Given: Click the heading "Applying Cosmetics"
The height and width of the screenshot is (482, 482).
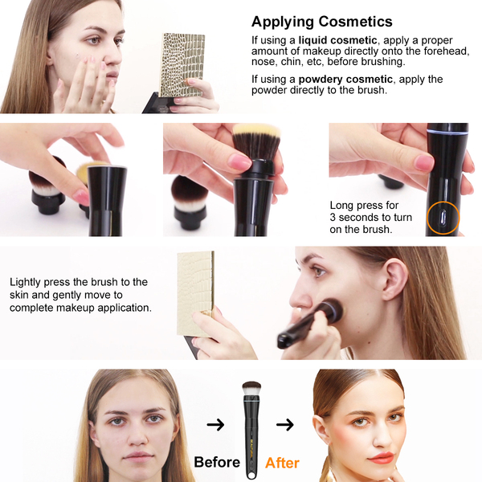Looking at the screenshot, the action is click(322, 22).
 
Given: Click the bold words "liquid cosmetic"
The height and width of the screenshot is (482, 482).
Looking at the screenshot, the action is click(337, 40).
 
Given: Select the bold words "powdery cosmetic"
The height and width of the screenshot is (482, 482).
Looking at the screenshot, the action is click(345, 80).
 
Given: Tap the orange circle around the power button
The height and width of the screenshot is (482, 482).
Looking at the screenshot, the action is click(443, 218).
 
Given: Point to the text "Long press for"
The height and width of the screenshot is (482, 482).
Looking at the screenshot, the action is click(364, 205).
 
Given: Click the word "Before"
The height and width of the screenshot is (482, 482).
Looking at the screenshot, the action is click(217, 462).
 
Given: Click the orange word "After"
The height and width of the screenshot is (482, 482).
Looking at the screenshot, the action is click(282, 463).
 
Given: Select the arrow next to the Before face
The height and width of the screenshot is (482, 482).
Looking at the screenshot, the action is click(215, 424).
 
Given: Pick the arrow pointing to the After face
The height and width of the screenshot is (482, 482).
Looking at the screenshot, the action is click(285, 424).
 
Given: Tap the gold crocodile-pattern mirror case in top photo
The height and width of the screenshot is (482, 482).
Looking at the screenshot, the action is click(182, 65).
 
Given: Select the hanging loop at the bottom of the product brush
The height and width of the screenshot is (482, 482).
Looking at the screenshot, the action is click(251, 474).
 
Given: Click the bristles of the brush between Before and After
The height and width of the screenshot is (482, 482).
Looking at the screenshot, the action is click(251, 388).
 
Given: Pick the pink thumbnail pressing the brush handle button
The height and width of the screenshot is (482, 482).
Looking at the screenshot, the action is click(424, 162).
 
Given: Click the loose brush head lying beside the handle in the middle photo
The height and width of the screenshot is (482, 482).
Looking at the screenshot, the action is click(190, 202).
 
